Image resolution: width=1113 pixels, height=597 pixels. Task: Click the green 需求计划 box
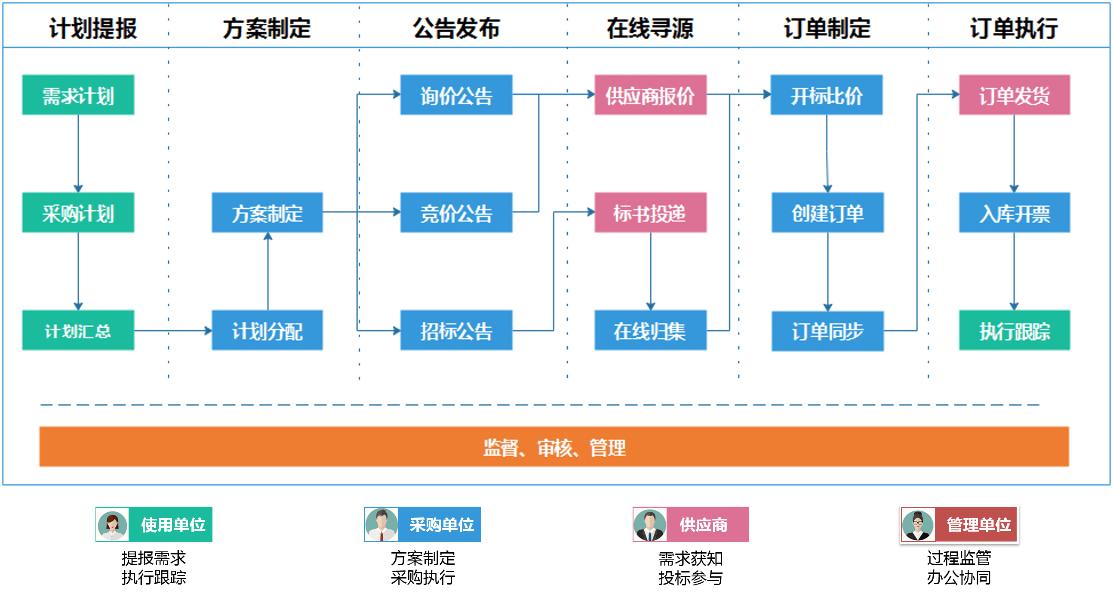tap(78, 95)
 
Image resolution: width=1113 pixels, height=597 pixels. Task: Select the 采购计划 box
tap(78, 212)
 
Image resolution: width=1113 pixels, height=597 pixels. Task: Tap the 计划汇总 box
tap(78, 330)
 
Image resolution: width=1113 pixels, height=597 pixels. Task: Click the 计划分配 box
tap(267, 330)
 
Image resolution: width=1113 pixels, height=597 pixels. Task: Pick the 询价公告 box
tap(456, 95)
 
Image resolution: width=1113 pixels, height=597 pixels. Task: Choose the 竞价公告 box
tap(456, 212)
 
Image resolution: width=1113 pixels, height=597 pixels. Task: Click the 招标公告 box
tap(456, 330)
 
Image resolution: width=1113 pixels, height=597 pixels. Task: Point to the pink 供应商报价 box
tap(650, 95)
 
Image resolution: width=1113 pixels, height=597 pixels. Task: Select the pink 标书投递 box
tap(650, 212)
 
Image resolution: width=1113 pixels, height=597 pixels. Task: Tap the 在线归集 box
tap(650, 330)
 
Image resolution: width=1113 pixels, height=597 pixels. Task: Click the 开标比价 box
tap(826, 95)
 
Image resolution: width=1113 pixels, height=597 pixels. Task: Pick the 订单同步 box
tap(827, 331)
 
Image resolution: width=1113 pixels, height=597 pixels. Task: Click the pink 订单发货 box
tap(1015, 95)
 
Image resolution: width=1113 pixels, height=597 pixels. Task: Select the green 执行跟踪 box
tap(1015, 330)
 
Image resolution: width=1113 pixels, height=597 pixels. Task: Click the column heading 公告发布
tap(456, 28)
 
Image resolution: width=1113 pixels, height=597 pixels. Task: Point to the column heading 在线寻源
tap(650, 28)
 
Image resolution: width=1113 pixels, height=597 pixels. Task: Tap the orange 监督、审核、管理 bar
tap(554, 446)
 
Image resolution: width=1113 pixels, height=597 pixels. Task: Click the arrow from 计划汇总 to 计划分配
tap(173, 330)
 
